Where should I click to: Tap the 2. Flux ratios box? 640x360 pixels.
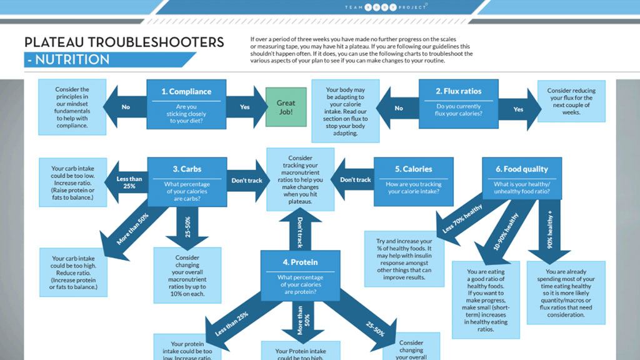[458, 103]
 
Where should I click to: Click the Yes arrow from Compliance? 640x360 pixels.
[244, 107]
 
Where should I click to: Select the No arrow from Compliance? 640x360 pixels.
[127, 107]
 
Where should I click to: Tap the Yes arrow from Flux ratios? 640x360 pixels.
[517, 109]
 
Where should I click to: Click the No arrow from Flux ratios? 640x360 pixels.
[398, 108]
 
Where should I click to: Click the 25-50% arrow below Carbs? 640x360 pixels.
[187, 226]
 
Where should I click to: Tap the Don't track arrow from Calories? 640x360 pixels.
[353, 180]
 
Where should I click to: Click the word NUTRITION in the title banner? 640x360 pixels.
[72, 60]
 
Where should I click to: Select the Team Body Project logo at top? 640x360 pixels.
[386, 7]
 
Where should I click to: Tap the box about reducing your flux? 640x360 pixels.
[571, 101]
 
